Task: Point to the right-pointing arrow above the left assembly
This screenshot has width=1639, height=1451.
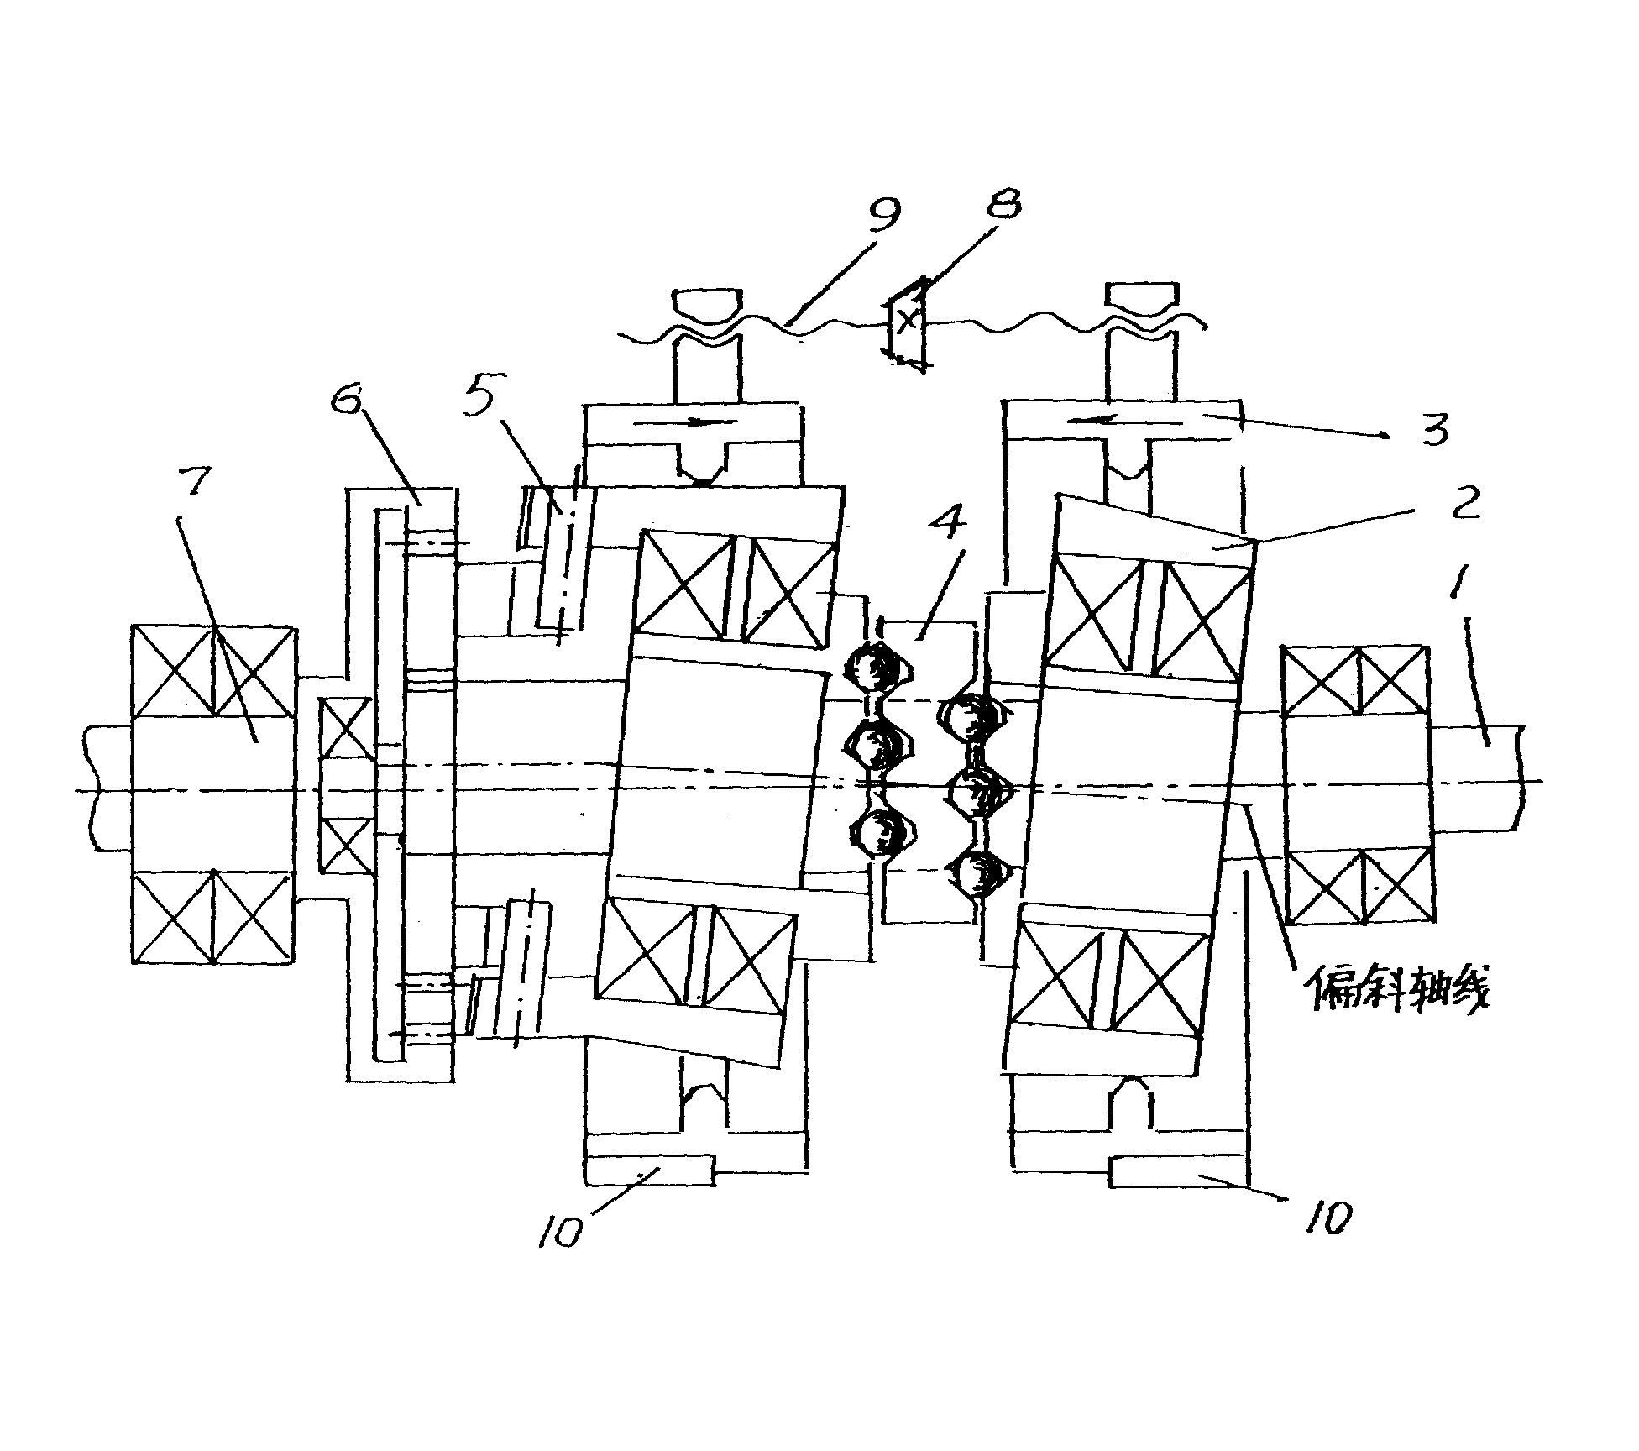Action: (685, 423)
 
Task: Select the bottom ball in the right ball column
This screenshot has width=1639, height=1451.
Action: (979, 876)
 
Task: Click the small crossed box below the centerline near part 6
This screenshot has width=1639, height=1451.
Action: (346, 845)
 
